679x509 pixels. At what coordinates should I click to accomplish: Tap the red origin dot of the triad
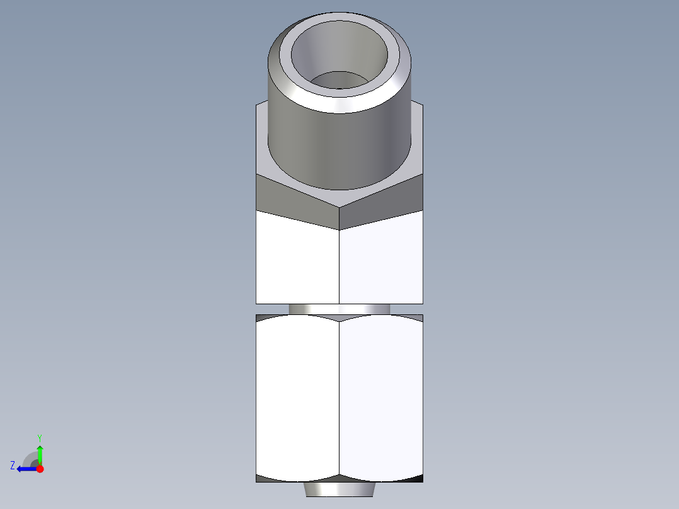(40, 469)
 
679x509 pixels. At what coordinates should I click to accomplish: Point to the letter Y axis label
(39, 437)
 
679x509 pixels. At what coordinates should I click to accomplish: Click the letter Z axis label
(13, 465)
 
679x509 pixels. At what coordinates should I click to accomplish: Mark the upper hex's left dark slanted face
(296, 198)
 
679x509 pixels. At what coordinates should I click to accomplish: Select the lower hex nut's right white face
(381, 397)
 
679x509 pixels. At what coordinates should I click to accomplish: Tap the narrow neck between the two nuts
(339, 309)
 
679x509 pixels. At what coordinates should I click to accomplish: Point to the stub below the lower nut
(339, 489)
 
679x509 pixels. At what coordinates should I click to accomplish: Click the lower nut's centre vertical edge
(339, 397)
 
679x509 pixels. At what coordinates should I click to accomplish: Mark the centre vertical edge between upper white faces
(339, 265)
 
